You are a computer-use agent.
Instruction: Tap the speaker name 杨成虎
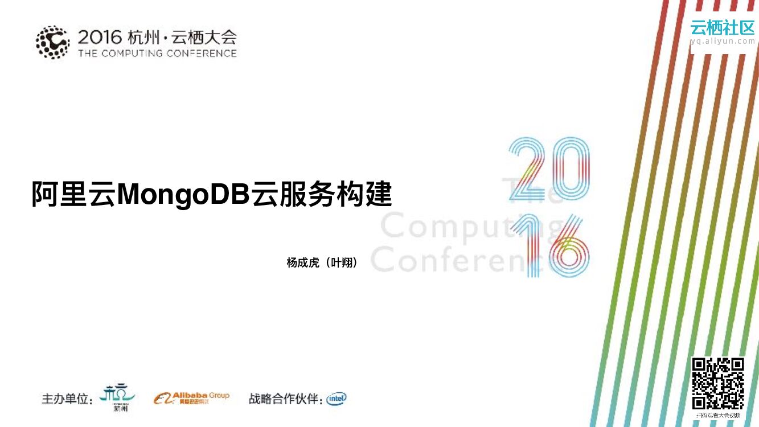click(302, 262)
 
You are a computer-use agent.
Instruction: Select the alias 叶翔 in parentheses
click(342, 262)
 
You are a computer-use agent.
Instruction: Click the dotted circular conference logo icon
click(53, 42)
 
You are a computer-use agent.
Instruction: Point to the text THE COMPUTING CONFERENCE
click(157, 54)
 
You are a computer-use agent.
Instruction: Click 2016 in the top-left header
click(100, 38)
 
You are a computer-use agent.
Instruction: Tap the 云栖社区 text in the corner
click(722, 27)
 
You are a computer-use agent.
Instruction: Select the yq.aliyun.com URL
click(722, 41)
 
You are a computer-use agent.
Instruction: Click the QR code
click(718, 383)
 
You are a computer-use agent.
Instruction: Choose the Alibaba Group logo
click(191, 398)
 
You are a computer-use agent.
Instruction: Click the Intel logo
click(336, 399)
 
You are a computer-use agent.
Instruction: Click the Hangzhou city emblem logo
click(117, 397)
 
